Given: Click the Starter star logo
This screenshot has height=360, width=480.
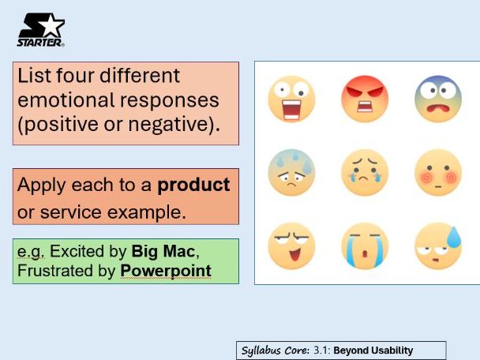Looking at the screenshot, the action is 41,30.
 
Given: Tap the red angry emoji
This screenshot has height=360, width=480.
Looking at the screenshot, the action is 365,99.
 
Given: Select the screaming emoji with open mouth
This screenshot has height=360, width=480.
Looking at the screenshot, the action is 291,99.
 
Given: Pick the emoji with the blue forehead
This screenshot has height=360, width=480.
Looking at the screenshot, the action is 438,99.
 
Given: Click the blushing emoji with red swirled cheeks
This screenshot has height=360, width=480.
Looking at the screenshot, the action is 438,172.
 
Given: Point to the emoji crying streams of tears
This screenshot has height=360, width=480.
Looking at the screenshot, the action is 365,246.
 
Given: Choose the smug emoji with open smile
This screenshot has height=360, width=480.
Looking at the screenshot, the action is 291,246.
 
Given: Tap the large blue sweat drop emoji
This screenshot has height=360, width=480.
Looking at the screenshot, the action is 438,246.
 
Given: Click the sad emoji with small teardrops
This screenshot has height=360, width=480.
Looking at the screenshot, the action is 365,172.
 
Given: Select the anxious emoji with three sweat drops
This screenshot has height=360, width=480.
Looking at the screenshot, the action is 291,172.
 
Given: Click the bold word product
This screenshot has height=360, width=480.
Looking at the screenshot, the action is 193,186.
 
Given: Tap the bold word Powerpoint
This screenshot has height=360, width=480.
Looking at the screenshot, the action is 166,271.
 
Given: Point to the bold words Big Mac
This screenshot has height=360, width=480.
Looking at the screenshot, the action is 163,251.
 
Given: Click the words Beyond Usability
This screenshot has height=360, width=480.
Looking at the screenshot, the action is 373,351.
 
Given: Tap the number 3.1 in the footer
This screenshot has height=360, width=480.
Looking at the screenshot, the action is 320,351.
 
